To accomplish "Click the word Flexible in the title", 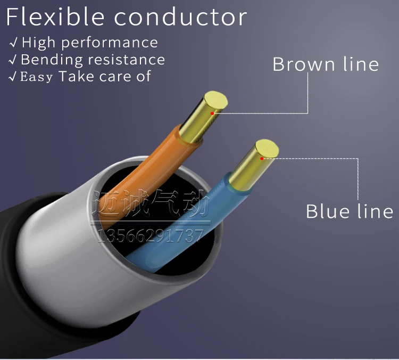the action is (x=55, y=17).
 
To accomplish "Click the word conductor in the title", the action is (x=180, y=18).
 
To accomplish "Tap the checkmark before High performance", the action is (x=13, y=42).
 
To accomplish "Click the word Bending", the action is (x=52, y=60).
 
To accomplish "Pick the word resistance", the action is (x=127, y=60).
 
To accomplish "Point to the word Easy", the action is (x=36, y=77).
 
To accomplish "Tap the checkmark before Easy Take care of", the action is (x=12, y=76).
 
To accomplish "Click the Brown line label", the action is (x=326, y=64).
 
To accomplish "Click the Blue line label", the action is (x=350, y=211).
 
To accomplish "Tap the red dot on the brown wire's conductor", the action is (x=212, y=113).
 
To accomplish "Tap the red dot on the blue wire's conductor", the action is (x=262, y=159).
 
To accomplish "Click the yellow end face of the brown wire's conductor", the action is (x=215, y=101).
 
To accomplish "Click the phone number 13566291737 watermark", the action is (x=151, y=236).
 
